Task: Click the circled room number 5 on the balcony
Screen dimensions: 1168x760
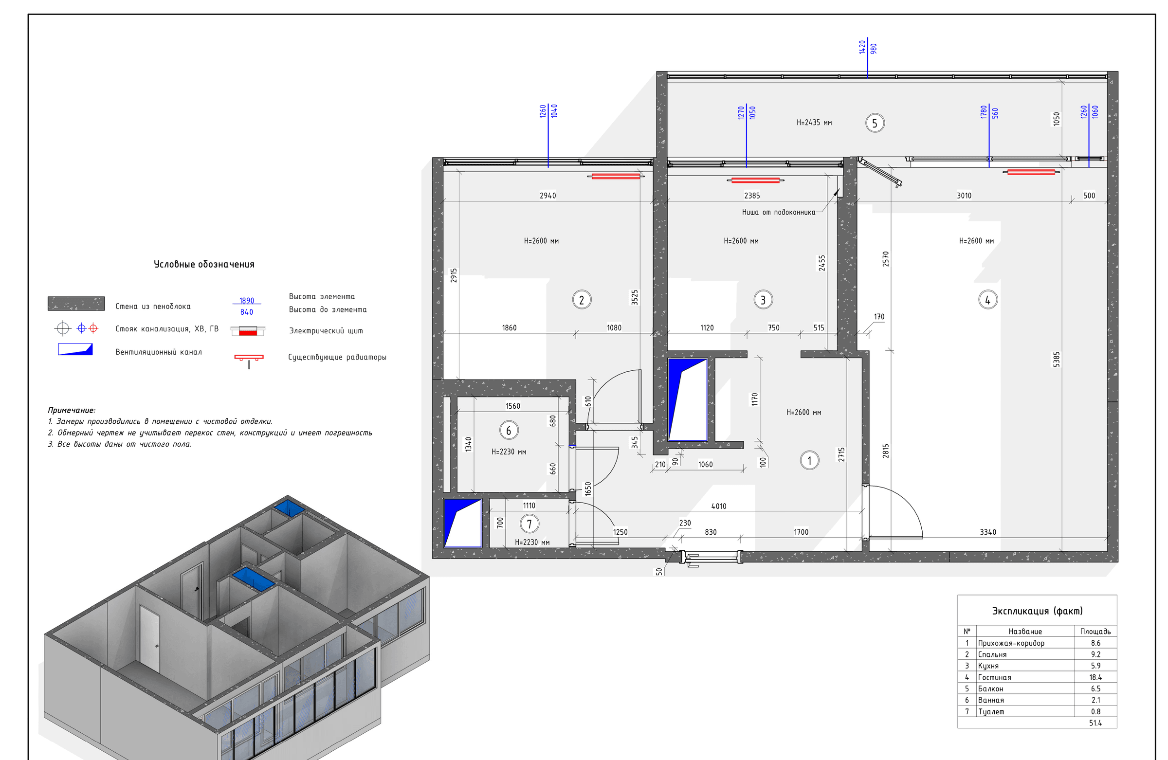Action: point(875,123)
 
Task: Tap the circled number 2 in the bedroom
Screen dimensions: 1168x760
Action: point(582,300)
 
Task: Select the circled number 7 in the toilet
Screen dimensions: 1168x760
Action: point(529,524)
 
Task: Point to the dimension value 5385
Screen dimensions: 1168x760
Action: point(1056,359)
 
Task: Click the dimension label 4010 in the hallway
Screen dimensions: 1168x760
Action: point(718,507)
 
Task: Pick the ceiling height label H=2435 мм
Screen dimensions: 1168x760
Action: point(814,123)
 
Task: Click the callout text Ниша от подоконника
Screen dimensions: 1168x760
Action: point(778,213)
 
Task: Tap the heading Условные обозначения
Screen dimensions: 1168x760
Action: point(204,265)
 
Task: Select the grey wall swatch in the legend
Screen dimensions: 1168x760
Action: point(76,303)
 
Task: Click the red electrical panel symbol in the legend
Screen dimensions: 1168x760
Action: point(248,331)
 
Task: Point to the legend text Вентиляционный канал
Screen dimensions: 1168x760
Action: point(159,352)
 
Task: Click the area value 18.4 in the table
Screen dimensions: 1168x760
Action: point(1095,677)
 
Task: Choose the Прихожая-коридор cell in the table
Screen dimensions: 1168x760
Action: point(1011,643)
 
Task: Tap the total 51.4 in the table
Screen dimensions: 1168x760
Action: point(1095,723)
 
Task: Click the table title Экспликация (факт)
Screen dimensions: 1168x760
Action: point(1037,611)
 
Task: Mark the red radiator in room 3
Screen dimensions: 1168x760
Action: point(755,180)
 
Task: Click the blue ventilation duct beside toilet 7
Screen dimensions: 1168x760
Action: point(462,523)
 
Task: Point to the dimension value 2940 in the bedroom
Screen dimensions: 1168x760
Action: point(547,195)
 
